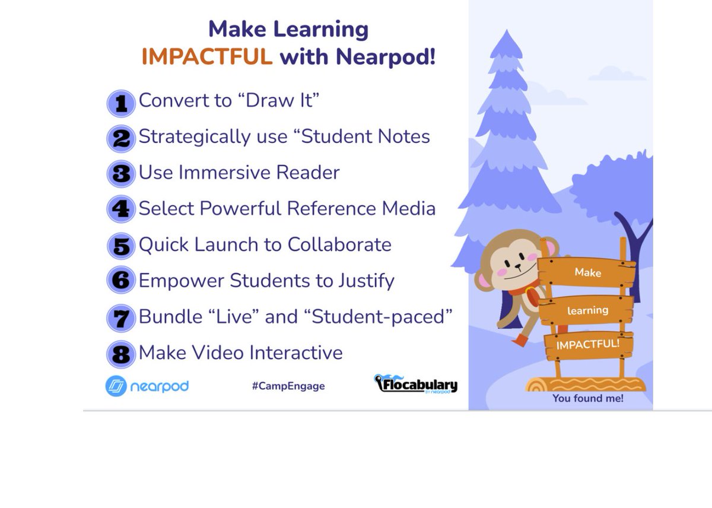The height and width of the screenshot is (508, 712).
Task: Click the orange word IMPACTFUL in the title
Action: [x=206, y=57]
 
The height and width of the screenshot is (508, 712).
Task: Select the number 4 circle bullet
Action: [x=121, y=209]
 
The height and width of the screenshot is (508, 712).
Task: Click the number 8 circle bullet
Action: [x=121, y=354]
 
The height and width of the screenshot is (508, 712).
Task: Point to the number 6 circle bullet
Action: [x=121, y=281]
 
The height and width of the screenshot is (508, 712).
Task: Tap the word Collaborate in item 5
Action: [x=339, y=245]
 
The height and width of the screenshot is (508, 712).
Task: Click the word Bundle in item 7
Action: [x=170, y=316]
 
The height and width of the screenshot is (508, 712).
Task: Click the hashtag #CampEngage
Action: [x=288, y=386]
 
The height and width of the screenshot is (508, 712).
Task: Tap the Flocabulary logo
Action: [x=416, y=385]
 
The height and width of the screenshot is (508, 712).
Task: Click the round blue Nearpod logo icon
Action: [x=116, y=386]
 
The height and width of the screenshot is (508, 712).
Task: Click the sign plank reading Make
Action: [x=587, y=272]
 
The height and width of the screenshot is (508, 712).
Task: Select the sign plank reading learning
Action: [x=587, y=310]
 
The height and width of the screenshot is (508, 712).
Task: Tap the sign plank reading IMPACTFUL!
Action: [x=587, y=344]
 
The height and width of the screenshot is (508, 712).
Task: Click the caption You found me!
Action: [x=587, y=398]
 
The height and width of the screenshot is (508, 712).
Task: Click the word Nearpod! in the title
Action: [x=386, y=57]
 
